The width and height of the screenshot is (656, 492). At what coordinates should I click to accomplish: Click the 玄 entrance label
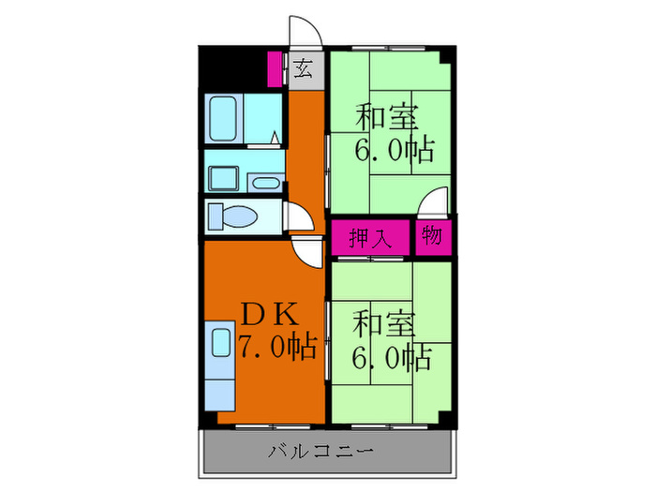click(x=304, y=68)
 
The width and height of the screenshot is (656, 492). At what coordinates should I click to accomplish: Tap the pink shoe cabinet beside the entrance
click(x=276, y=68)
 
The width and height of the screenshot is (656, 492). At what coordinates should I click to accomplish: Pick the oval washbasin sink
click(x=266, y=183)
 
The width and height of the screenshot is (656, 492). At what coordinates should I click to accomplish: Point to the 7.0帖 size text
click(x=276, y=348)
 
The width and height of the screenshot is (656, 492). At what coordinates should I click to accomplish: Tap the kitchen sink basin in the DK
click(x=222, y=343)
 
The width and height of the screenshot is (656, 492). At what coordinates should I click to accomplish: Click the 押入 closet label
click(x=368, y=237)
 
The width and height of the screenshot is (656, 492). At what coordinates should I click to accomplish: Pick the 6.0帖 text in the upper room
click(x=394, y=150)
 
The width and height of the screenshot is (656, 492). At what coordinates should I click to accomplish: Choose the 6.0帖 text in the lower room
click(x=392, y=355)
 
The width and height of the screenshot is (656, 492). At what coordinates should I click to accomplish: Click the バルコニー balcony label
click(x=321, y=452)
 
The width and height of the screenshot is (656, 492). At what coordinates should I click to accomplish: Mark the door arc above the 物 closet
click(x=433, y=203)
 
